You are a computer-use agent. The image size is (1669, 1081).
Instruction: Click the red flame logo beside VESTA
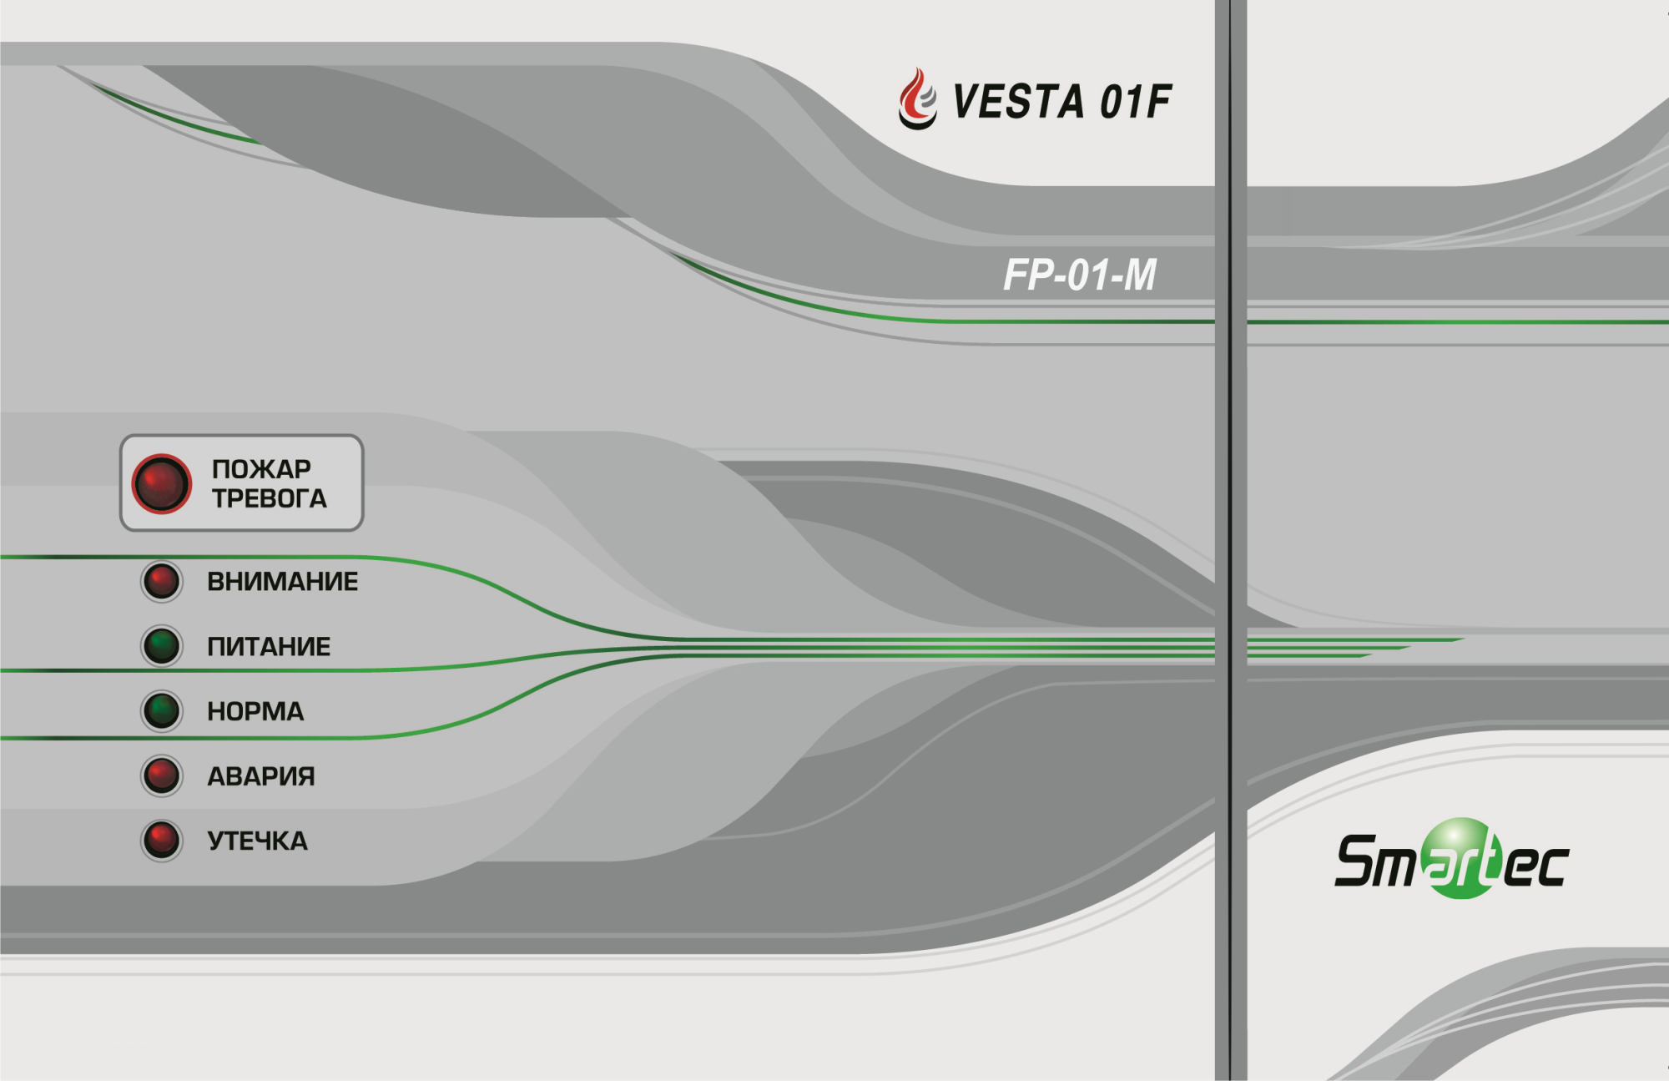[918, 99]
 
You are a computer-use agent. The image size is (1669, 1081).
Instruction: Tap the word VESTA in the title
[1018, 102]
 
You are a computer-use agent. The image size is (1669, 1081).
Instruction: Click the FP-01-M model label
[1080, 275]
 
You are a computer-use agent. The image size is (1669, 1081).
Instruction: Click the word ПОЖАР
[261, 469]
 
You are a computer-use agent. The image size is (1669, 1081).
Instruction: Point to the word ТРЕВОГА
[269, 498]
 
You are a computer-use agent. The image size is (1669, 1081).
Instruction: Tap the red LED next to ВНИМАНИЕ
[162, 581]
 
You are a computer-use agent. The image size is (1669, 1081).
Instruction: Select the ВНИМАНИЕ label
[283, 581]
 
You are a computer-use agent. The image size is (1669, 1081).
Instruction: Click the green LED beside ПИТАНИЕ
[162, 646]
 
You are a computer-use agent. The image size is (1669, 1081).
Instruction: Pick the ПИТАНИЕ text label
[269, 646]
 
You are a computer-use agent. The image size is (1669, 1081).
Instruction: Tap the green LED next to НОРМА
[162, 711]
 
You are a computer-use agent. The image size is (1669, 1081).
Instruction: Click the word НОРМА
[255, 711]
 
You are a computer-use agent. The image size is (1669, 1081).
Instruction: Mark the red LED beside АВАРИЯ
[162, 775]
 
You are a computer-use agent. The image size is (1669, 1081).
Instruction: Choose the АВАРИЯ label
[261, 776]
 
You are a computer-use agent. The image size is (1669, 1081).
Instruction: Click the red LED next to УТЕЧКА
[162, 841]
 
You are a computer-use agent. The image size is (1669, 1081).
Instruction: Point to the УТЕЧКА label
[257, 841]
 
